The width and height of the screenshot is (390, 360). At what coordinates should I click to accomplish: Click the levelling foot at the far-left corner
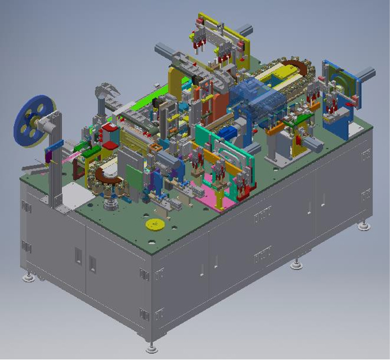[27, 277]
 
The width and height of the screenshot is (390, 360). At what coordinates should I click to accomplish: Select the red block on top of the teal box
[109, 134]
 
